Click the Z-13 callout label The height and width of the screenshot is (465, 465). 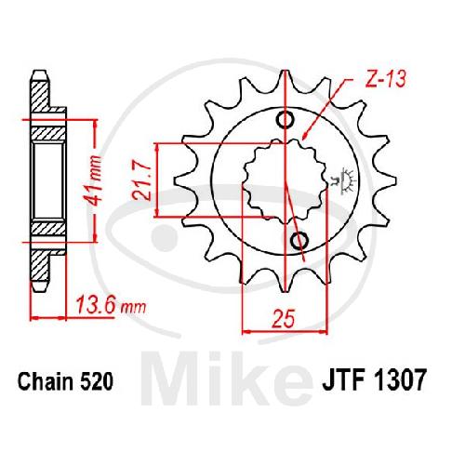[x=385, y=78]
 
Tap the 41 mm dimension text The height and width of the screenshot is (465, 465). [x=94, y=180]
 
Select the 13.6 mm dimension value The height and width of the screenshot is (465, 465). [x=111, y=305]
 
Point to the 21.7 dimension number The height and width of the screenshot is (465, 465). [x=141, y=179]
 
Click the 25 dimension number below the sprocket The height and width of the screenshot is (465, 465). [x=283, y=318]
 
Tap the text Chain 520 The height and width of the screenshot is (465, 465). [x=65, y=381]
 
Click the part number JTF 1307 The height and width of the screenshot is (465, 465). [x=373, y=379]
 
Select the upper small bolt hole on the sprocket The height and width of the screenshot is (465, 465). [x=286, y=120]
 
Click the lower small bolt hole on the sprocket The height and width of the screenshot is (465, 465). [x=299, y=240]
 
